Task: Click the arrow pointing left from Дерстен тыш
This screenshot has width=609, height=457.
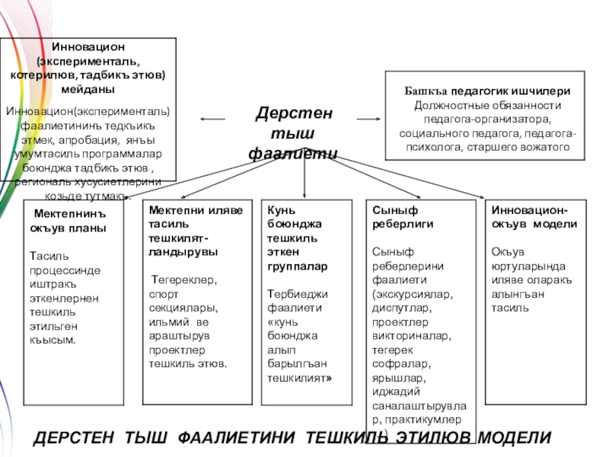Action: (212, 119)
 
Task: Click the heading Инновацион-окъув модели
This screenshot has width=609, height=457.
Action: (534, 217)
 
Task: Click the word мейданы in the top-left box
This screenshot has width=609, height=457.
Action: (88, 89)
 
